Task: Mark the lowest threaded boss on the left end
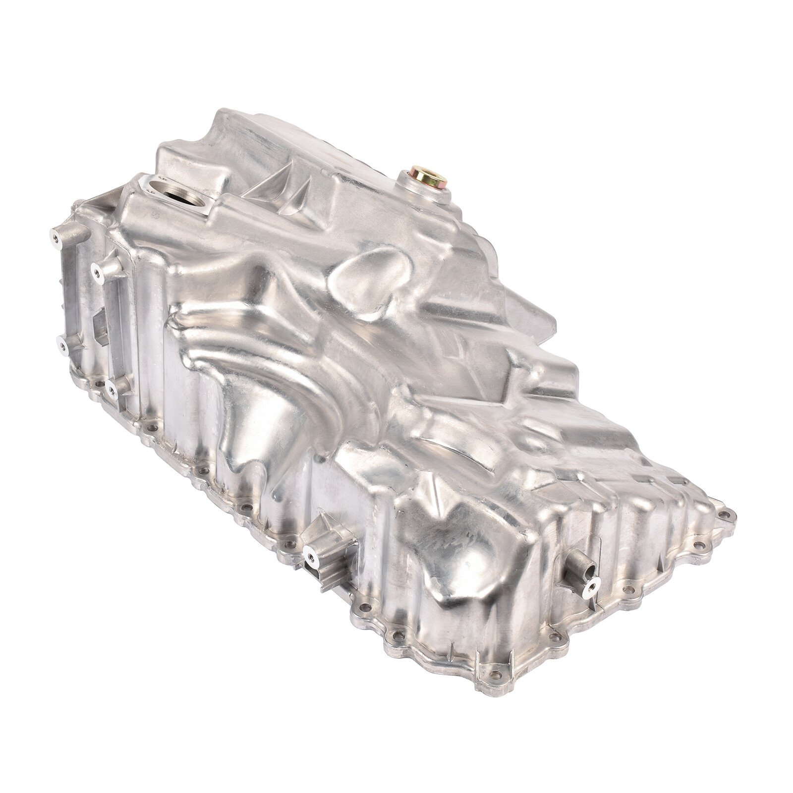click(112, 389)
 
